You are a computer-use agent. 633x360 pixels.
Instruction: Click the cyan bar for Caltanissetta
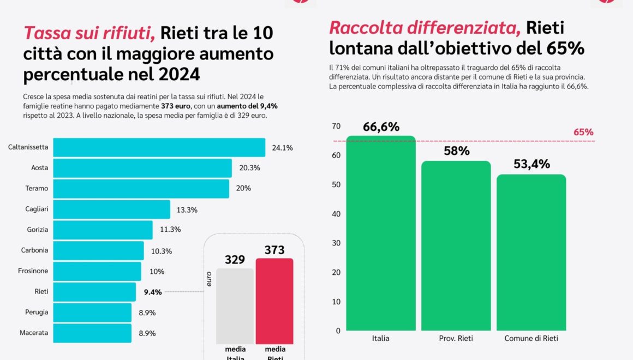click(159, 147)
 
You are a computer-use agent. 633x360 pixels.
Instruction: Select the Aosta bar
click(142, 168)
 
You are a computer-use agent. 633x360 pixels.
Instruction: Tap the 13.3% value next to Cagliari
click(187, 209)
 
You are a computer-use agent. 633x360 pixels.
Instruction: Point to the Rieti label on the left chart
click(41, 292)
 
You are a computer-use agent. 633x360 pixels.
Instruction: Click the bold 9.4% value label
click(153, 292)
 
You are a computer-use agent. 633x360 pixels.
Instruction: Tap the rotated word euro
click(209, 279)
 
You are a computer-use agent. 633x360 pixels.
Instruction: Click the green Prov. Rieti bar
click(456, 245)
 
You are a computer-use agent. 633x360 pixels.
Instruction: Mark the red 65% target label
click(583, 132)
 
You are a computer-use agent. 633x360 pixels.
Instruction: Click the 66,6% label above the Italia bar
click(381, 127)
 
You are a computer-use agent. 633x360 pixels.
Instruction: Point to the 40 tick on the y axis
click(336, 214)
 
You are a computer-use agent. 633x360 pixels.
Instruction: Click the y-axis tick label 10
click(336, 302)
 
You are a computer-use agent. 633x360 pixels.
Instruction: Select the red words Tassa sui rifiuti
click(89, 34)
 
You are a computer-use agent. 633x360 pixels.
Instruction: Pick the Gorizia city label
click(38, 230)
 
